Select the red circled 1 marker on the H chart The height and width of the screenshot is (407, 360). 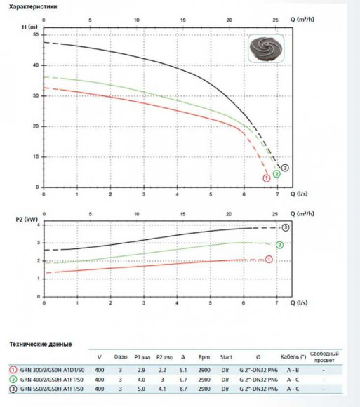[266, 178]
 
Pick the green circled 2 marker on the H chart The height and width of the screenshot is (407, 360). [276, 174]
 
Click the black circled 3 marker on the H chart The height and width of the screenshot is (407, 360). [286, 167]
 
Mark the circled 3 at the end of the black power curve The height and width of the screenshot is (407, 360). [285, 228]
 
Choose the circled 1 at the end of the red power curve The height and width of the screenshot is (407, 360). [269, 260]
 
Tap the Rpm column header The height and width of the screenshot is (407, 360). [204, 357]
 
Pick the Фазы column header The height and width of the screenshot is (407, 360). [121, 357]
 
